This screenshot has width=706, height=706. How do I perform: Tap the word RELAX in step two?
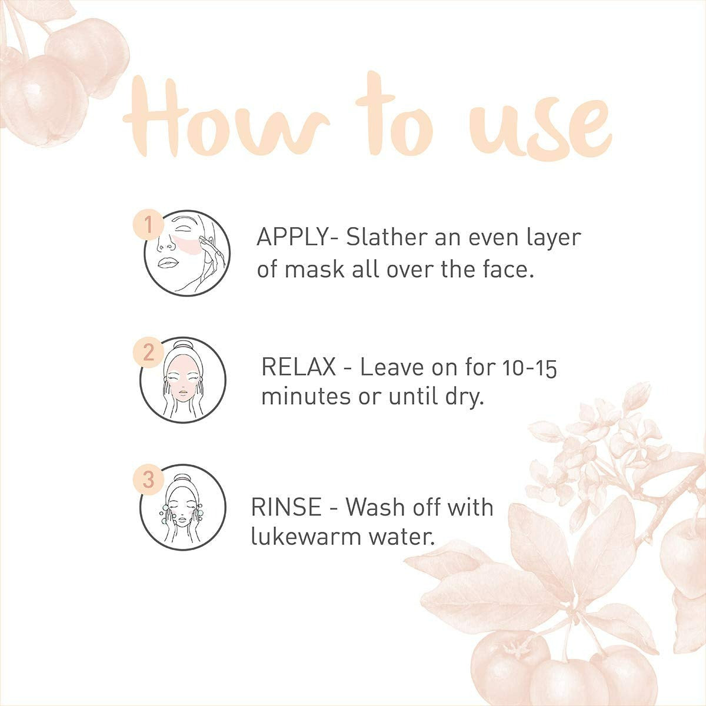pyautogui.click(x=299, y=367)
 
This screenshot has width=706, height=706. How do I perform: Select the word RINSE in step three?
pyautogui.click(x=287, y=507)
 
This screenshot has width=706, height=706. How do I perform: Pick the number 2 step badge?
pyautogui.click(x=148, y=352)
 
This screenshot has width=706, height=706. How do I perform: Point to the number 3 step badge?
pyautogui.click(x=149, y=479)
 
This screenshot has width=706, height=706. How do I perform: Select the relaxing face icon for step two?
pyautogui.click(x=184, y=381)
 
